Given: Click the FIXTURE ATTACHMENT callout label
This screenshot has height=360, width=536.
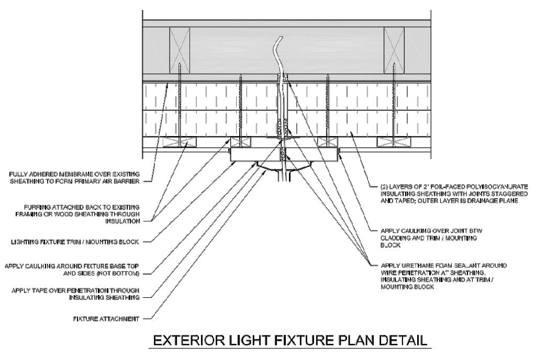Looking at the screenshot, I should coord(107,318).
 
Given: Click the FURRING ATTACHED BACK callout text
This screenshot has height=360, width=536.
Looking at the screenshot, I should coord(80,214).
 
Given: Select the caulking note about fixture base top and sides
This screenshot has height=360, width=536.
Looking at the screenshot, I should coord(73,269).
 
